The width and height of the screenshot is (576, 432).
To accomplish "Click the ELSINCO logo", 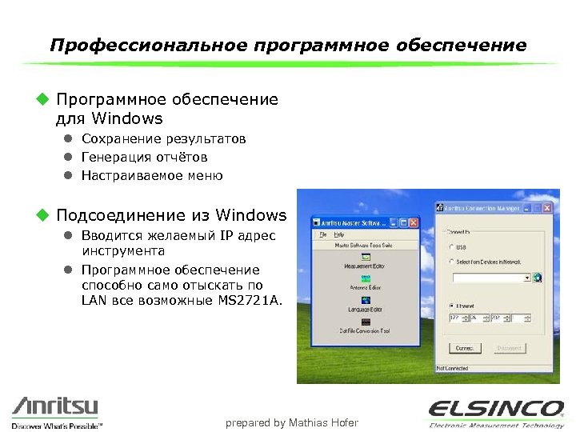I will click(495, 408).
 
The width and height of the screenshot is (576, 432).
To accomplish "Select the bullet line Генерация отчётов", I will click(144, 157).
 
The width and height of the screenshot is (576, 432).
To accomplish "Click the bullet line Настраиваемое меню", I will click(152, 175).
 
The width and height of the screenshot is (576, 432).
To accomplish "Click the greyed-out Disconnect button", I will click(510, 348).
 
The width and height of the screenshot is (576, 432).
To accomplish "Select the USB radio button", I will click(453, 246).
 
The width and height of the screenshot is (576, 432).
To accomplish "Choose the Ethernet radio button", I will click(453, 305).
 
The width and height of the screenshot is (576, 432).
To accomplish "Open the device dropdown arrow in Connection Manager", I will click(528, 278).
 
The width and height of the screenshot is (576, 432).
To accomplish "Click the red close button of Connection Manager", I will click(546, 207).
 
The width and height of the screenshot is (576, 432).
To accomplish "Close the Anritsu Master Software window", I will click(414, 222).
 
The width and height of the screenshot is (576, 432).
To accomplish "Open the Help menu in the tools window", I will click(339, 234).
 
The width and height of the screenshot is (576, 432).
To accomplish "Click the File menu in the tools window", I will click(323, 234).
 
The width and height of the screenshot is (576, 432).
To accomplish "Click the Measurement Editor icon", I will click(366, 258).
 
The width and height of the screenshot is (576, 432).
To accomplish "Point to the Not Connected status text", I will click(452, 368).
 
